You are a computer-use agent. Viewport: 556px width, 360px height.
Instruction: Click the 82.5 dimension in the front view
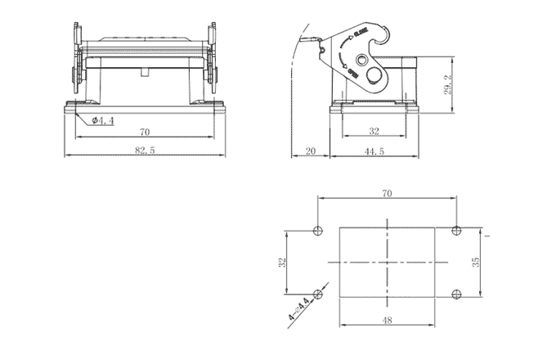tap(145, 150)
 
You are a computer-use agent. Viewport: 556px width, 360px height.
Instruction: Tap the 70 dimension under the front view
tap(145, 131)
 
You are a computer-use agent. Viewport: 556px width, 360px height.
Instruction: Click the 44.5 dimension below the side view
tap(375, 150)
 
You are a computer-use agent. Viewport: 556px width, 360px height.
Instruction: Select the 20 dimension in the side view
tap(312, 150)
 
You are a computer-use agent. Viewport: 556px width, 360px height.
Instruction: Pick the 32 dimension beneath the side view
tap(374, 131)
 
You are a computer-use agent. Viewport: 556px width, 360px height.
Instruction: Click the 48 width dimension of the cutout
tap(387, 320)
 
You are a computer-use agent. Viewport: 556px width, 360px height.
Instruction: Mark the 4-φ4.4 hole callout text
tap(299, 308)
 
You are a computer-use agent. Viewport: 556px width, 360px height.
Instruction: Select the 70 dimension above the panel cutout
tap(387, 193)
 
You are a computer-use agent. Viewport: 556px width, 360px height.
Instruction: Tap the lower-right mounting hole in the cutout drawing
tap(457, 293)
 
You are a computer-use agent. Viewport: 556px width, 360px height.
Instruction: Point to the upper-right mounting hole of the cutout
tap(457, 231)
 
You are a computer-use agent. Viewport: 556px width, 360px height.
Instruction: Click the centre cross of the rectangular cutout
tap(387, 262)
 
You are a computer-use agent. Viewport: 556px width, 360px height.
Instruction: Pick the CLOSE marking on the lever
tap(361, 35)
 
